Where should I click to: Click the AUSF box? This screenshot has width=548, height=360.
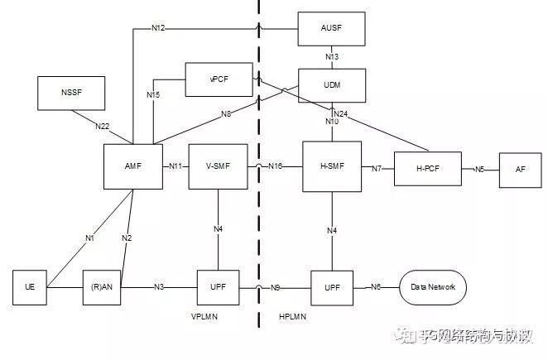(330, 28)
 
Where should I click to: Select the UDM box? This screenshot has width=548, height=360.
(330, 85)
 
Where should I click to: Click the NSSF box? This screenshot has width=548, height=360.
(71, 93)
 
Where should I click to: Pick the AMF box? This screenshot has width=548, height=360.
(132, 166)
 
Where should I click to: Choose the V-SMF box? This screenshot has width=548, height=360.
(218, 166)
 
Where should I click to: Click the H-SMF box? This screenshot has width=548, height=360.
(333, 166)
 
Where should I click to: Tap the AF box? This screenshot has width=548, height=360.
(519, 169)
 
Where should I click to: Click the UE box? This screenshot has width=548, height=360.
(30, 287)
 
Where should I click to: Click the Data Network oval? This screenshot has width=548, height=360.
(432, 287)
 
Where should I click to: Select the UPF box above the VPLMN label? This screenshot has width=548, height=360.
(219, 287)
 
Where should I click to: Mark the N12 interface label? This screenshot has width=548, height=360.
(158, 28)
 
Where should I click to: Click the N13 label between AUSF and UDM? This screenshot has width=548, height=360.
(331, 56)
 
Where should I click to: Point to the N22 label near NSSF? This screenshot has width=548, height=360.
(102, 126)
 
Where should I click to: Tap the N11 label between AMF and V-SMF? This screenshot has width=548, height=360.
(175, 166)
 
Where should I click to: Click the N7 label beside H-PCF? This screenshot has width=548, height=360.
(376, 169)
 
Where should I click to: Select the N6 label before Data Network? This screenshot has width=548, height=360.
(376, 287)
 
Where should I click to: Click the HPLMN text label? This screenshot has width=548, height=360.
(292, 317)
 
